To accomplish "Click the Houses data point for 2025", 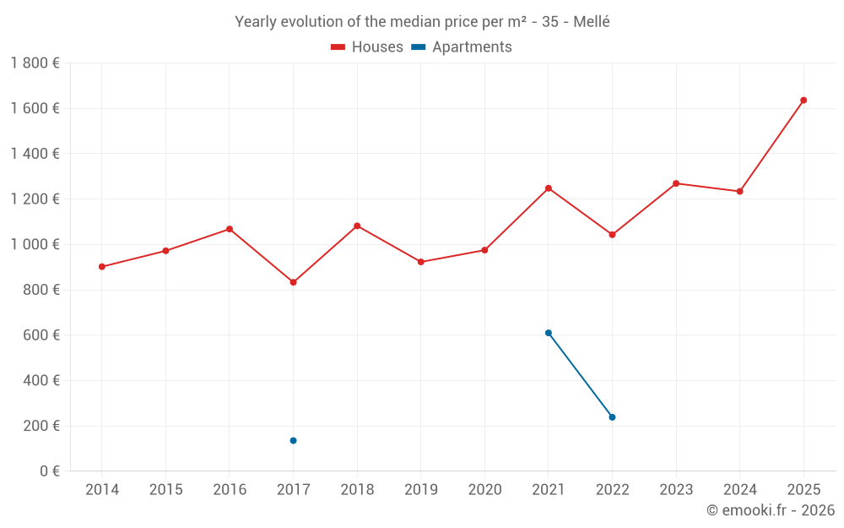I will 803,101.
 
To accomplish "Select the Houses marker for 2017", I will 293,282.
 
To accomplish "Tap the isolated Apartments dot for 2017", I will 293,441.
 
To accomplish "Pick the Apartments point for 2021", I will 549,333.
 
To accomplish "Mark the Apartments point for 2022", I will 612,417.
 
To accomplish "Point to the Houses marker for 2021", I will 549,188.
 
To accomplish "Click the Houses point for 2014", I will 102,267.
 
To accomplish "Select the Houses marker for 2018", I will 357,226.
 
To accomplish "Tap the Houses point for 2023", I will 676,183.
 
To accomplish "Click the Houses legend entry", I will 366,47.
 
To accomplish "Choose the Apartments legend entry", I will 462,47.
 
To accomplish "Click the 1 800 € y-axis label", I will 35,63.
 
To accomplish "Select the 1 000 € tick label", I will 35,244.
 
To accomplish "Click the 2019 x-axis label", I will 420,490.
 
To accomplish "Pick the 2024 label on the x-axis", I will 739,490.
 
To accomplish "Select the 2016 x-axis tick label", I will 230,490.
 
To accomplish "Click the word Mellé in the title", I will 591,22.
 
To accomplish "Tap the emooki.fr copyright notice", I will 771,510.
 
